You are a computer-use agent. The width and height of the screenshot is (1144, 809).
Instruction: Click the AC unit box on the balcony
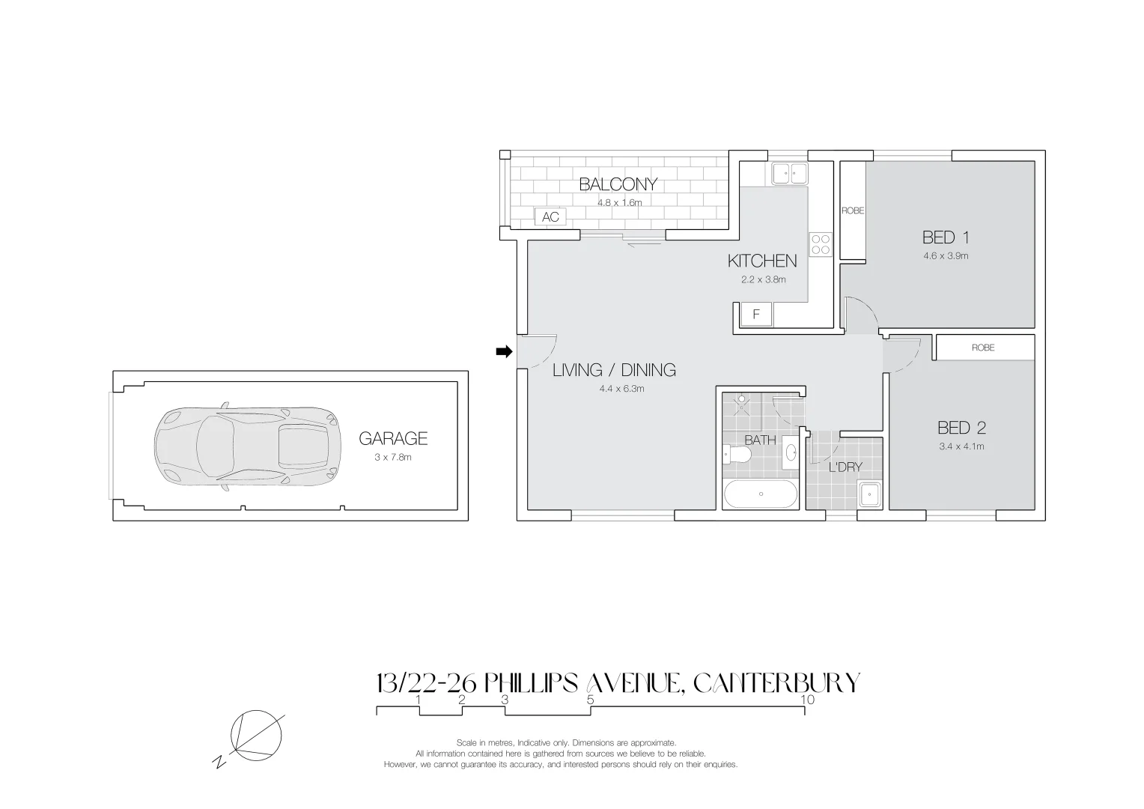point(550,217)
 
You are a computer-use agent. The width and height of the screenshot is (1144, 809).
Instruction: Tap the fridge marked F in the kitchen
point(756,315)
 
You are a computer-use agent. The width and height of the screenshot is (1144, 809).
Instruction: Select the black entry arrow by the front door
point(504,351)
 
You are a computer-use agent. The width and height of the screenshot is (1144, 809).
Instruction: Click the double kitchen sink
point(788,174)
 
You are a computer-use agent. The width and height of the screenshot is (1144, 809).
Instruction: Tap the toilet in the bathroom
point(736,456)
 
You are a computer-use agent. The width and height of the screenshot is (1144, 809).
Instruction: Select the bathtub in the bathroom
point(761,494)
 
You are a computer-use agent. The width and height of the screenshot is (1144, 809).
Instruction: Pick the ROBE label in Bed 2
point(983,348)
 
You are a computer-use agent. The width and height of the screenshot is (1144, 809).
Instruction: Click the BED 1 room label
point(946,238)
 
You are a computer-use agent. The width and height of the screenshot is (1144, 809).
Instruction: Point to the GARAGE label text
point(392,439)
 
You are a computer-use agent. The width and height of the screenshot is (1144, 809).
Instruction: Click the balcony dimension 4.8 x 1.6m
point(619,202)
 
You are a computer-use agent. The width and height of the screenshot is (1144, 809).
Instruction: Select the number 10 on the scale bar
point(807,700)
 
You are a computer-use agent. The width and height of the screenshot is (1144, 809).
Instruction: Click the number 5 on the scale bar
point(590,700)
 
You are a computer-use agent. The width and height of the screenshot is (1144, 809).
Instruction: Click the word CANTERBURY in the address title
point(776,683)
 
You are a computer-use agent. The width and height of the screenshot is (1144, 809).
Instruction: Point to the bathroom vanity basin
point(791,453)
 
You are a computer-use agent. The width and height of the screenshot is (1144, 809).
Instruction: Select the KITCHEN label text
point(762,261)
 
